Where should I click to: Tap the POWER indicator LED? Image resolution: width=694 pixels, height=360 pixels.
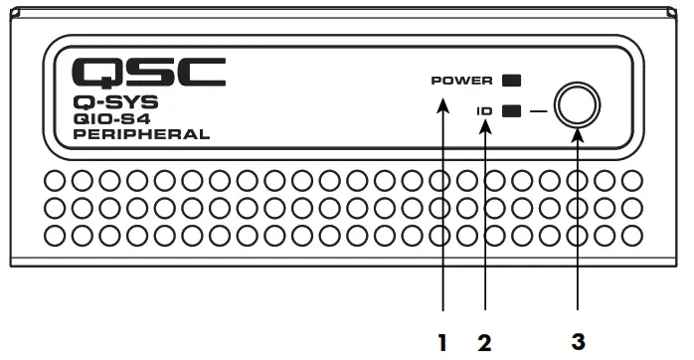coord(513,81)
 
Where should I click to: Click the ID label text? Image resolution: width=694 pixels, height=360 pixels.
coord(483,111)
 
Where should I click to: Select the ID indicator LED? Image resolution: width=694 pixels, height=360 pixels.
coord(512,111)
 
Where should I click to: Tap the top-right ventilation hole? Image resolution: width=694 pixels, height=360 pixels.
coord(630,183)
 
